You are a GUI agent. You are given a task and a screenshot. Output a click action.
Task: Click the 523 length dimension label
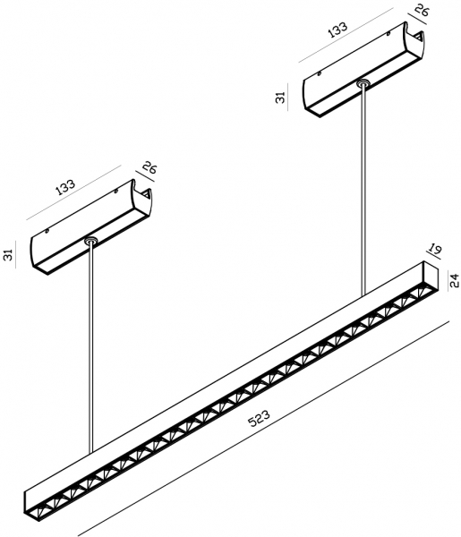[260, 418]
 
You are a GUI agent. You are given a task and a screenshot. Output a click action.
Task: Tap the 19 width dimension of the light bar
[435, 249]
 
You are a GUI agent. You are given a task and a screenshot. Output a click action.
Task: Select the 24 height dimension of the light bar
[454, 281]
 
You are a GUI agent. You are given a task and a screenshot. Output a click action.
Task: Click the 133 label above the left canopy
[65, 187]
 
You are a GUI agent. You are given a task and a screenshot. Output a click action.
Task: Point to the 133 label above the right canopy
[337, 29]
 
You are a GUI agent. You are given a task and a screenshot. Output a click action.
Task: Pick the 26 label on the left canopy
[149, 167]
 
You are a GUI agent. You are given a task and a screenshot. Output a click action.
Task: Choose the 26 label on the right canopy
[422, 10]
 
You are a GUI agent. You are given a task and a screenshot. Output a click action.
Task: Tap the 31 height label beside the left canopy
[8, 255]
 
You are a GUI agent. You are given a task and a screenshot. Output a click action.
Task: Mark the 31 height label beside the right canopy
[280, 98]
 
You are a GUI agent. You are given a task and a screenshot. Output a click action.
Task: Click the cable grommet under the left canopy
[90, 241]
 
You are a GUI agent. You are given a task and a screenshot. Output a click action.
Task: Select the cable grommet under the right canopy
[363, 83]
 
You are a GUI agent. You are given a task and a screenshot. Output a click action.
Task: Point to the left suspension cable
[90, 347]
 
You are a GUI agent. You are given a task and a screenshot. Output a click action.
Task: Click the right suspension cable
[363, 189]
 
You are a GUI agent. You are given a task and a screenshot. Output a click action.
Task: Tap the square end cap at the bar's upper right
[431, 278]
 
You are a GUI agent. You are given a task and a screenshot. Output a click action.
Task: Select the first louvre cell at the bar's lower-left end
[37, 511]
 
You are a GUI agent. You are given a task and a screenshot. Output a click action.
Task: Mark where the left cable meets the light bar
[90, 453]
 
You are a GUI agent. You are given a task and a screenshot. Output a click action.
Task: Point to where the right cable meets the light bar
[363, 294]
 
